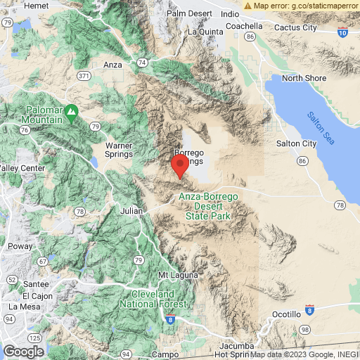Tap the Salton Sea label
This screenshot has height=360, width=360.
coord(321,129)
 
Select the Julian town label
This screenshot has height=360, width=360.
coord(131,210)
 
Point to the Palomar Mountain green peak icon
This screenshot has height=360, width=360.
coord(71,110)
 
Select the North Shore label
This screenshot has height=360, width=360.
coord(305,78)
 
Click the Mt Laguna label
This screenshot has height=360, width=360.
coord(173,274)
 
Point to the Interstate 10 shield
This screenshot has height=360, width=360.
coord(342,32)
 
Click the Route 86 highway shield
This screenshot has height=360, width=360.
coord(302,161)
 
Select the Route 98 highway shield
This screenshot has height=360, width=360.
coord(304,329)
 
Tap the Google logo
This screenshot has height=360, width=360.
coord(23,352)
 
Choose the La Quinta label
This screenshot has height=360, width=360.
coord(205,32)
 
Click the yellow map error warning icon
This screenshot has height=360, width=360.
coord(247,6)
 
